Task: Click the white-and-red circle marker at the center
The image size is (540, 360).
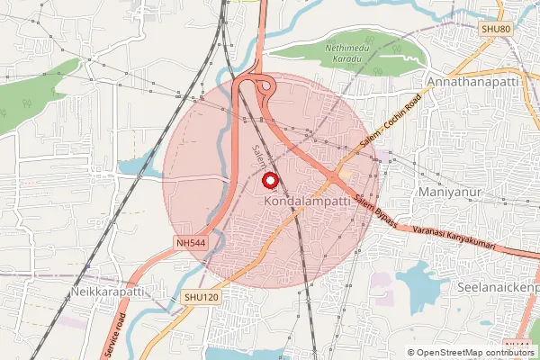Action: coord(268,180)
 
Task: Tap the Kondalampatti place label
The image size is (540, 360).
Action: coord(307,203)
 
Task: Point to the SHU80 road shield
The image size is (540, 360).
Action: coord(495,30)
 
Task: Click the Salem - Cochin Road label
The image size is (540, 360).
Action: coord(391,131)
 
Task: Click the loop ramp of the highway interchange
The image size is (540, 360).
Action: coord(265,87)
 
